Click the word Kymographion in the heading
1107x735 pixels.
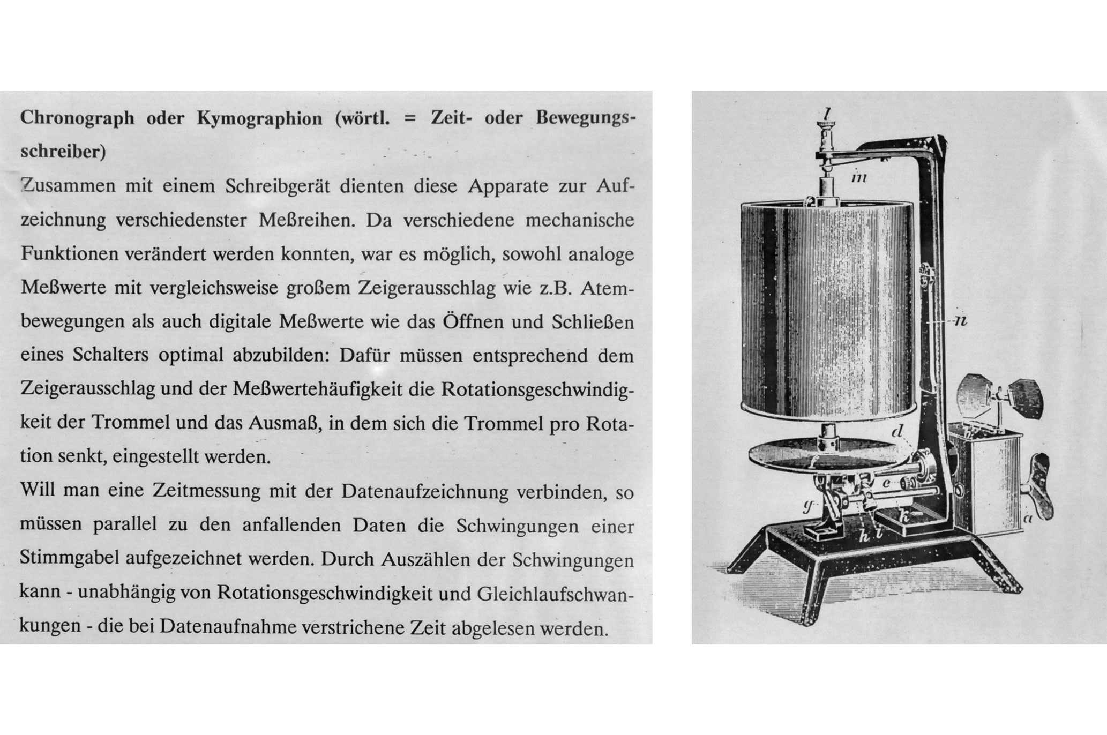259,118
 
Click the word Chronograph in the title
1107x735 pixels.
77,118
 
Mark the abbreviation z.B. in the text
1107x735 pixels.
552,288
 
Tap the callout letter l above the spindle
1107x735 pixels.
827,113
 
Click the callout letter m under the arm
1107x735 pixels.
859,177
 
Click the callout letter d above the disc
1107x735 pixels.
898,430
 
